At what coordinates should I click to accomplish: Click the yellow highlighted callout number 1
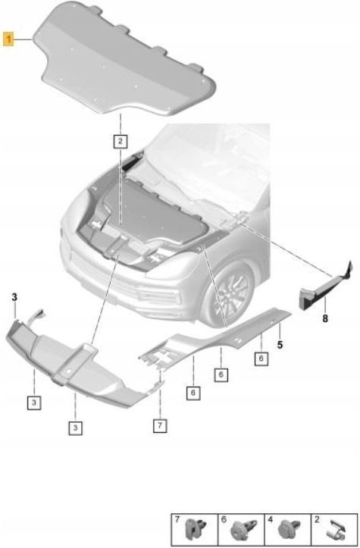[9, 39]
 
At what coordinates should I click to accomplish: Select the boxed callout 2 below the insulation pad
[121, 140]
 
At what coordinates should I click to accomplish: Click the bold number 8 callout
[324, 318]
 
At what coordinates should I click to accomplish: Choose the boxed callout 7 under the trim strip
[160, 425]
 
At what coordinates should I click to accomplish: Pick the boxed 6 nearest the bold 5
[259, 359]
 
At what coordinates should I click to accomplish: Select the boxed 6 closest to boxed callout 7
[193, 393]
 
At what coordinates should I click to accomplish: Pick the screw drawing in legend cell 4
[290, 529]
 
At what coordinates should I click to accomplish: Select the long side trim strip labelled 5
[227, 333]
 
